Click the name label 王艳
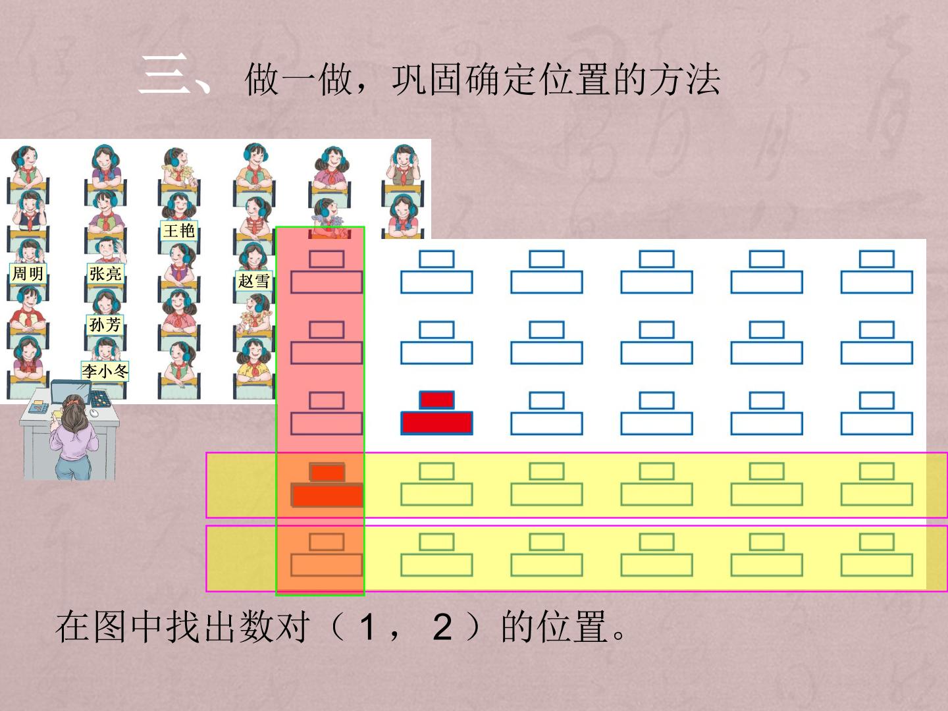(179, 230)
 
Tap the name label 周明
(28, 273)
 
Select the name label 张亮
(105, 273)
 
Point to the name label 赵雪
(254, 281)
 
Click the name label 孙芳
(105, 324)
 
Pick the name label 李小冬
(105, 371)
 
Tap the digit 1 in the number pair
(367, 627)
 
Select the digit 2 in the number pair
(442, 627)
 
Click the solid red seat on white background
(436, 413)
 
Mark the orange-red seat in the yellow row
(327, 485)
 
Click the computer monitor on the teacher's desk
(70, 391)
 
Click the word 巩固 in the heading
(429, 80)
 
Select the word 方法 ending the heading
(685, 80)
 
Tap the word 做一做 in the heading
(298, 80)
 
